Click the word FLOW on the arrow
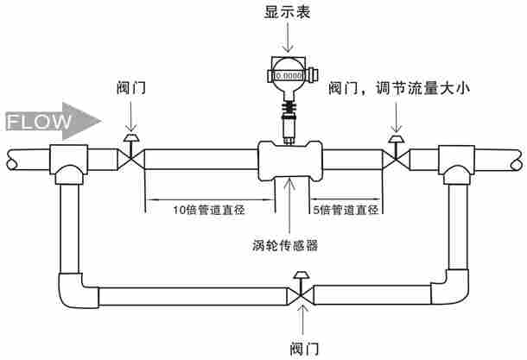point(40,122)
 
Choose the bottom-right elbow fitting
point(454,289)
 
